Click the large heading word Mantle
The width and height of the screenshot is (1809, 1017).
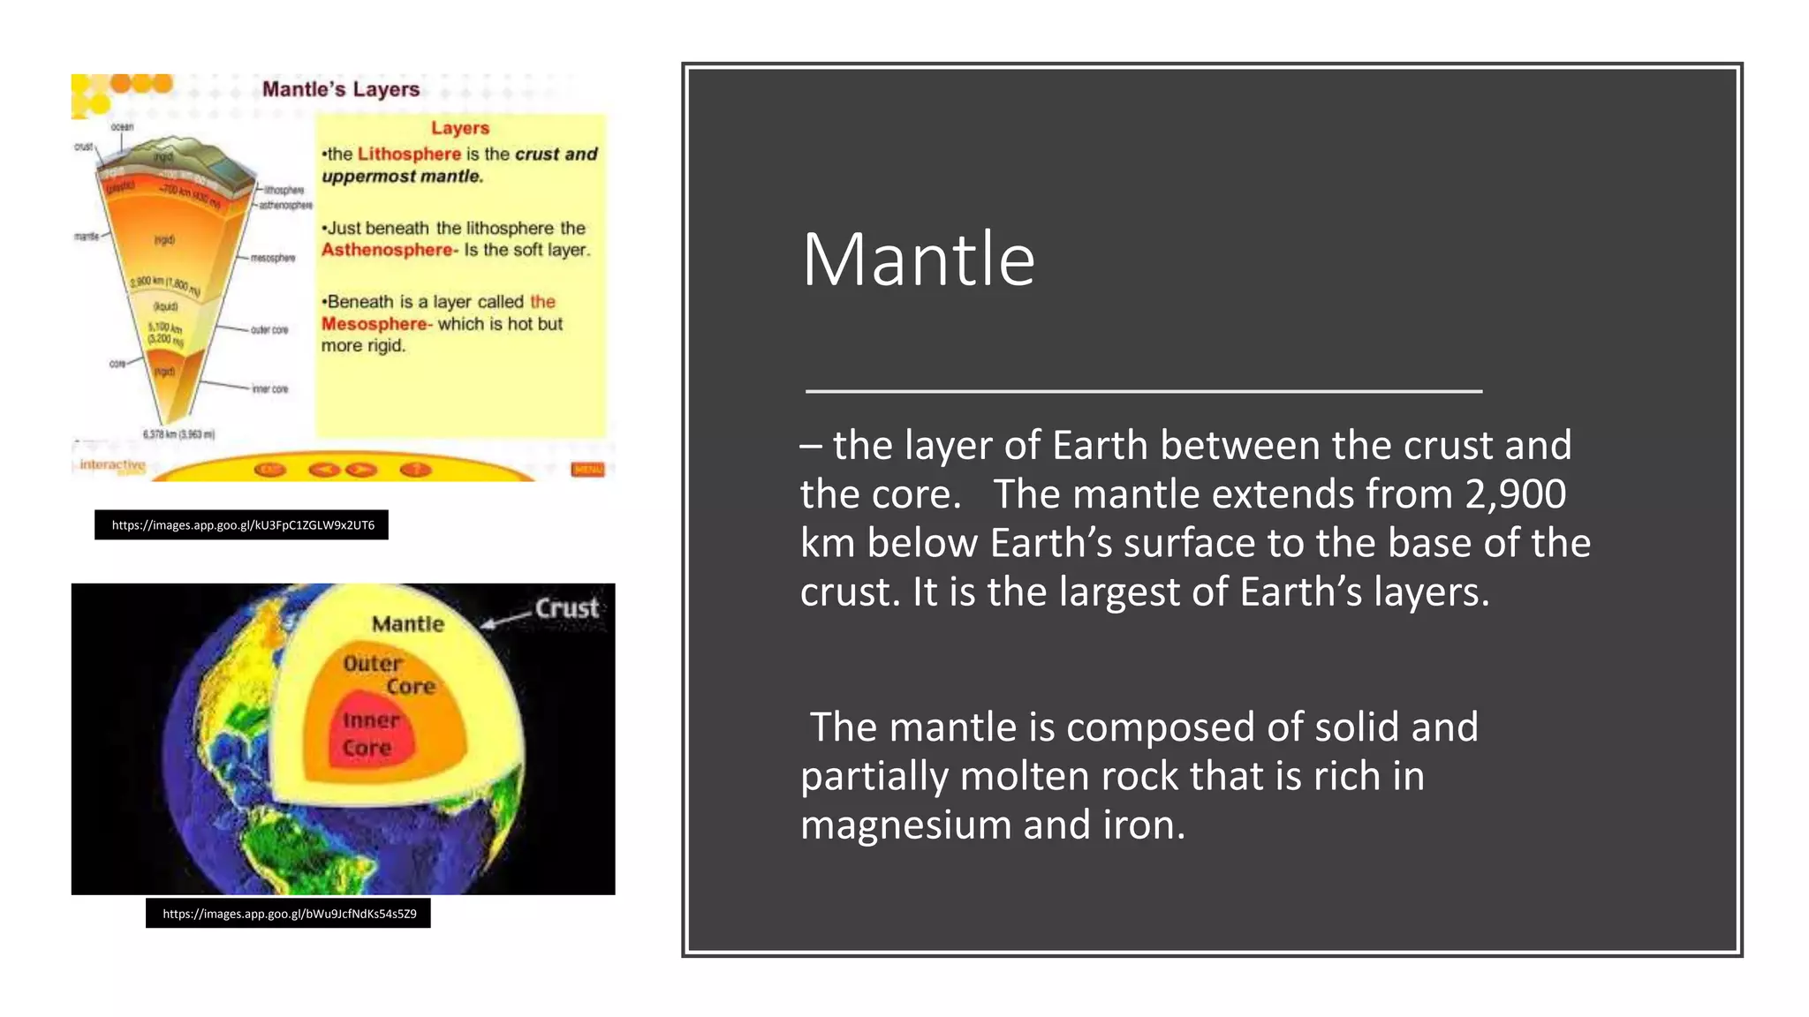pyautogui.click(x=918, y=260)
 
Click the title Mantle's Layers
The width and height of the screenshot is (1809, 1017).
pyautogui.click(x=341, y=89)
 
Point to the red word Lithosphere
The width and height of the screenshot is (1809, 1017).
pyautogui.click(x=409, y=154)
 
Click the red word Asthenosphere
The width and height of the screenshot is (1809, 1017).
pyautogui.click(x=387, y=250)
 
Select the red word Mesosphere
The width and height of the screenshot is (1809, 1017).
pyautogui.click(x=374, y=324)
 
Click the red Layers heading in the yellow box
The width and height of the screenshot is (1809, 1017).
pyautogui.click(x=459, y=128)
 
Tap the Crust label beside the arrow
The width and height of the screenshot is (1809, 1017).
pyautogui.click(x=567, y=608)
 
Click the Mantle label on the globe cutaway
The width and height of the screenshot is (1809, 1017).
pyautogui.click(x=407, y=624)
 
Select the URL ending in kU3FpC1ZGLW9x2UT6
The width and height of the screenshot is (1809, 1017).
pyautogui.click(x=242, y=525)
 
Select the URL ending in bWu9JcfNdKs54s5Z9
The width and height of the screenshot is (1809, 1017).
pyautogui.click(x=289, y=914)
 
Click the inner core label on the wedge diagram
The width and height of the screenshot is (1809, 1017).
pyautogui.click(x=269, y=389)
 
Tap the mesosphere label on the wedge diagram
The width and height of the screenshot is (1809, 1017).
pyautogui.click(x=272, y=258)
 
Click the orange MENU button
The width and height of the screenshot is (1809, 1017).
pyautogui.click(x=587, y=469)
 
